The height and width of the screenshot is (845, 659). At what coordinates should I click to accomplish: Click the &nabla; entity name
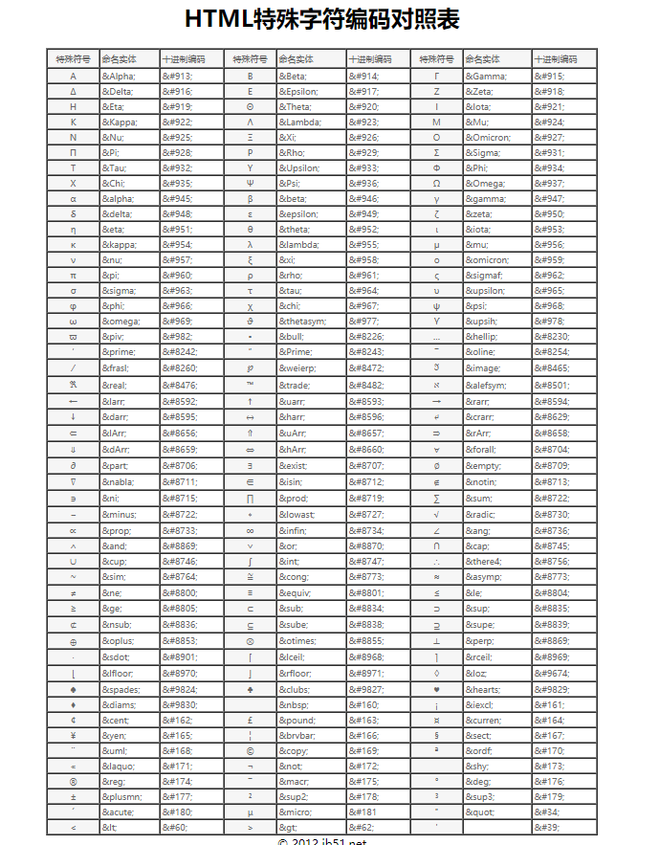point(120,481)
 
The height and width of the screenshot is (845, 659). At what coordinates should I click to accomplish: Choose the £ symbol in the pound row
point(250,720)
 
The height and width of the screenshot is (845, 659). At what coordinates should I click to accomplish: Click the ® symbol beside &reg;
point(73,781)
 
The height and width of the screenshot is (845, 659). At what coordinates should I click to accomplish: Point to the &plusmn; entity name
point(122,796)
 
